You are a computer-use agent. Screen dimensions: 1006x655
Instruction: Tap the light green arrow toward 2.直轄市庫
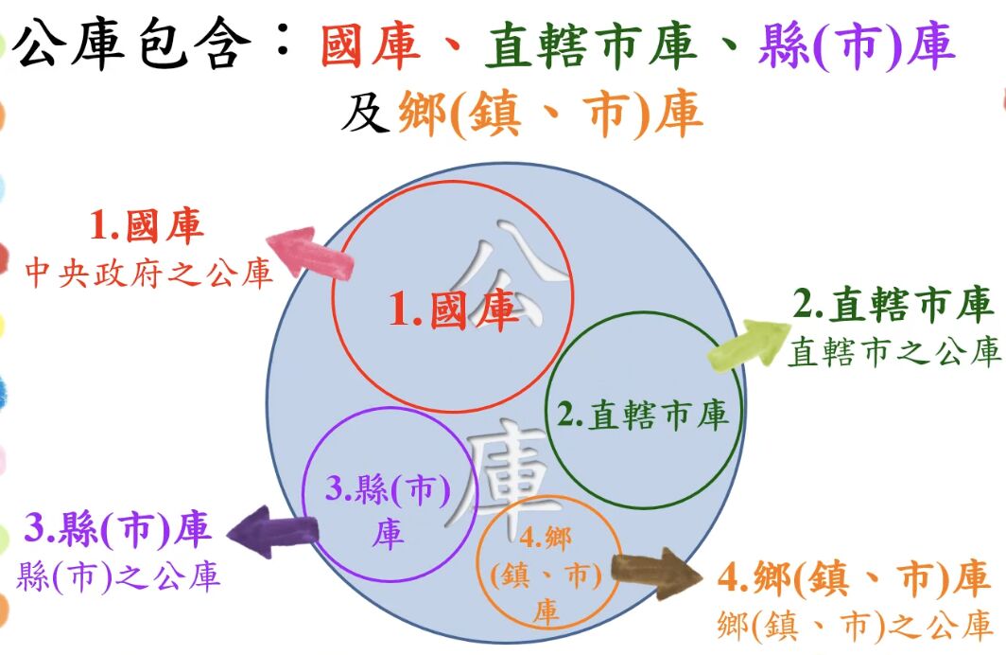click(x=749, y=345)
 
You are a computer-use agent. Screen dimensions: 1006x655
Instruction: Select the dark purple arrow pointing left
click(x=273, y=532)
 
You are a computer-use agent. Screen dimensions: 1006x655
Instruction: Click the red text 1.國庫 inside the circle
click(x=453, y=310)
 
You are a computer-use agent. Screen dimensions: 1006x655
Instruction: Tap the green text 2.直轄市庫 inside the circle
click(x=643, y=415)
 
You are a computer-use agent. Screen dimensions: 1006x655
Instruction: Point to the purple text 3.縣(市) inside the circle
click(x=389, y=489)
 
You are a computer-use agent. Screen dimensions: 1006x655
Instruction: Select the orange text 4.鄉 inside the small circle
click(x=546, y=537)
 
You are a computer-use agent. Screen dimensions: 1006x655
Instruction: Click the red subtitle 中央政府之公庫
click(x=148, y=273)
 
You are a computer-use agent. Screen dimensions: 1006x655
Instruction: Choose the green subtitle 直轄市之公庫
click(x=894, y=352)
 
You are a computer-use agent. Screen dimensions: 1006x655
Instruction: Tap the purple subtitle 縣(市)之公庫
click(x=119, y=576)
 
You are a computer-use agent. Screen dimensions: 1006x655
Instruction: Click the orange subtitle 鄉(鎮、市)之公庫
click(x=856, y=625)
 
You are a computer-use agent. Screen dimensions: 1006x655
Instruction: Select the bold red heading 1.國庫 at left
click(x=147, y=225)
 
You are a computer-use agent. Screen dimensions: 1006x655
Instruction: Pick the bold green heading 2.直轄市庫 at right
click(x=893, y=304)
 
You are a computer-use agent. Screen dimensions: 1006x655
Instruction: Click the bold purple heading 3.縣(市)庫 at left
click(x=117, y=529)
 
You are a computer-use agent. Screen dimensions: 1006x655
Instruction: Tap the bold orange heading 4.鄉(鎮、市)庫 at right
click(x=853, y=578)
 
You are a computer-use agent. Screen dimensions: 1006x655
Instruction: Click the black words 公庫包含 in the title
click(x=131, y=44)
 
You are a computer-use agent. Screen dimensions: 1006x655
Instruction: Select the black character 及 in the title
click(x=365, y=113)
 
